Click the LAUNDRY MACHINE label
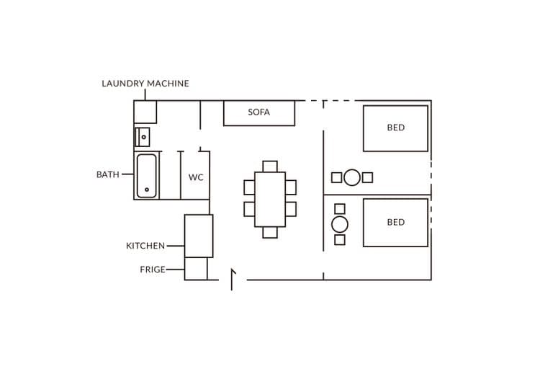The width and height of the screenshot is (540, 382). pyautogui.click(x=145, y=84)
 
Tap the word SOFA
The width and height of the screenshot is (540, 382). pyautogui.click(x=259, y=112)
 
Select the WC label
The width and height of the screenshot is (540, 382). pyautogui.click(x=196, y=177)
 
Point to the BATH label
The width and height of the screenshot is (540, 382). pyautogui.click(x=108, y=174)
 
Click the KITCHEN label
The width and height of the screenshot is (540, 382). pyautogui.click(x=145, y=246)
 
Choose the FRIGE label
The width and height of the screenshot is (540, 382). pyautogui.click(x=153, y=270)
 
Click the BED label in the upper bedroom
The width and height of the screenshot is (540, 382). pyautogui.click(x=396, y=128)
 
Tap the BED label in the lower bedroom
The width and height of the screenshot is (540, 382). pyautogui.click(x=396, y=223)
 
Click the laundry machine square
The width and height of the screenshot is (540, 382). pyautogui.click(x=145, y=112)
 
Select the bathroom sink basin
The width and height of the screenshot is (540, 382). pyautogui.click(x=143, y=137)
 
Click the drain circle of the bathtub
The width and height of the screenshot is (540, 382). pyautogui.click(x=147, y=190)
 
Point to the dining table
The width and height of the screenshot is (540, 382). pyautogui.click(x=270, y=199)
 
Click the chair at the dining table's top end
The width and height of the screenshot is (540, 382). pyautogui.click(x=270, y=166)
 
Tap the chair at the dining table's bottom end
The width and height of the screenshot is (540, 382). pyautogui.click(x=270, y=232)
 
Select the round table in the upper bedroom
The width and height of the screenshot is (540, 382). pyautogui.click(x=352, y=177)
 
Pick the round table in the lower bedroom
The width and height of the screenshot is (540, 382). pyautogui.click(x=340, y=224)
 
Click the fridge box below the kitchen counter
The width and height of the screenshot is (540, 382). pyautogui.click(x=196, y=269)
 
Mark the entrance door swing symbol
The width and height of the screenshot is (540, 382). pyautogui.click(x=233, y=279)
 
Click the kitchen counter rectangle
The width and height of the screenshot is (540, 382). pyautogui.click(x=199, y=236)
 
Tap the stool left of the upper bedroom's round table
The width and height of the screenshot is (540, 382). pyautogui.click(x=336, y=177)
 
